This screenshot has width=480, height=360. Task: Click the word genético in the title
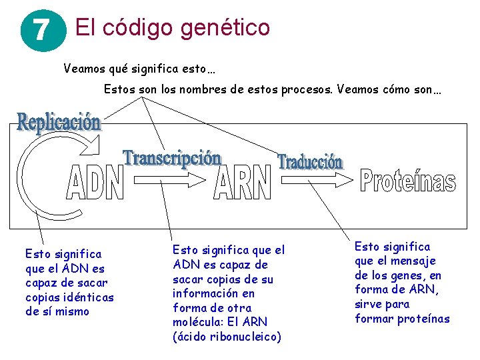click(223, 28)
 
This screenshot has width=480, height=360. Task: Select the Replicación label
click(59, 123)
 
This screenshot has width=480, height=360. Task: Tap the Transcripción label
click(172, 159)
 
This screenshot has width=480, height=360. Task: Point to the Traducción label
click(310, 162)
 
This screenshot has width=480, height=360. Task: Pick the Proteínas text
click(408, 181)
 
